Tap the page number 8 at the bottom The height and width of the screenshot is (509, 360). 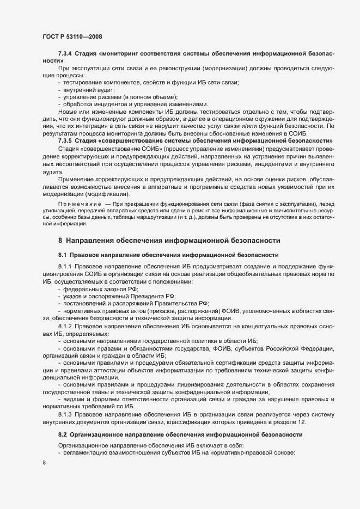(x=44, y=463)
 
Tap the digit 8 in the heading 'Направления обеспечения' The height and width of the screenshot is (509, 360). (x=60, y=239)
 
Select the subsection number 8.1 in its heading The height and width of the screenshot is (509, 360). (x=62, y=255)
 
